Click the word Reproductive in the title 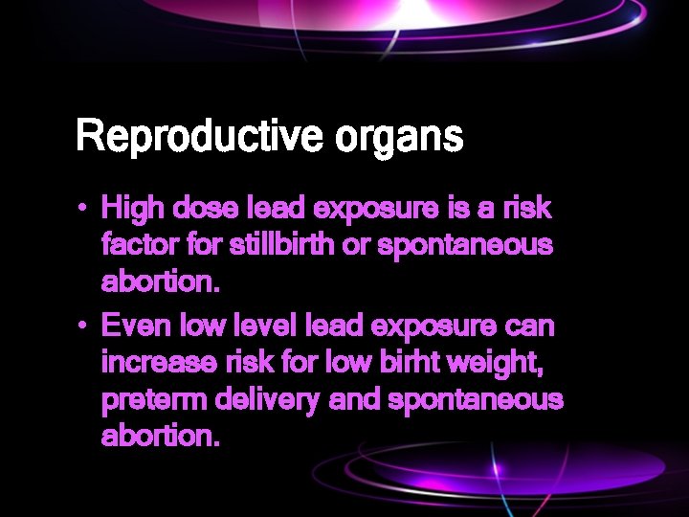(201, 137)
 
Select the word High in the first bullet (132, 208)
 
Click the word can (530, 326)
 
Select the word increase (161, 363)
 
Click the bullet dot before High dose (85, 208)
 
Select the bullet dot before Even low (85, 326)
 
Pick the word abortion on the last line (161, 437)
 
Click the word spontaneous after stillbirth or (466, 246)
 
